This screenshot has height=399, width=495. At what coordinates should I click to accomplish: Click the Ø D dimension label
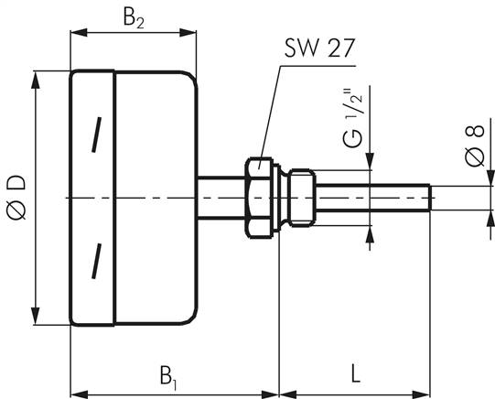(16, 196)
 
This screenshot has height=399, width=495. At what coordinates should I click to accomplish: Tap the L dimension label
(354, 372)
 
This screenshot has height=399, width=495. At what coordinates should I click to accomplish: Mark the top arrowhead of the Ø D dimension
(37, 76)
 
